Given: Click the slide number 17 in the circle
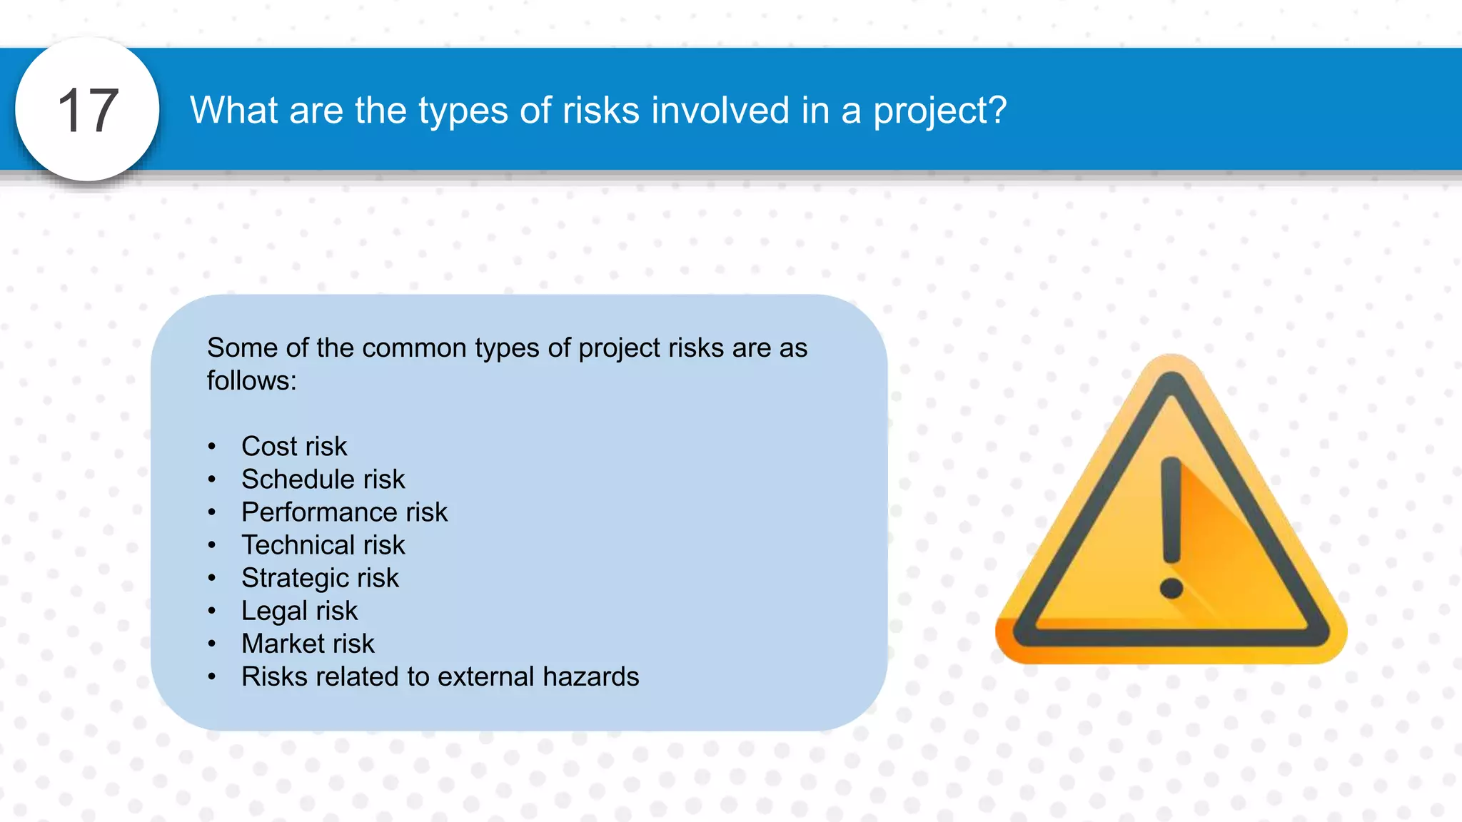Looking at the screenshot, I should [87, 111].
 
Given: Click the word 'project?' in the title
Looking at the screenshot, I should [939, 111].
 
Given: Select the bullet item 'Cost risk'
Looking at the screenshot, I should [294, 447].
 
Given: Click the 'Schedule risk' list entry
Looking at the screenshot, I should [323, 479].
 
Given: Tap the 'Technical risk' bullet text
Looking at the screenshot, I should [323, 545].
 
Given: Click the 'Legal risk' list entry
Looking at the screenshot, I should [299, 611].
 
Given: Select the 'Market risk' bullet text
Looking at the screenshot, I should [308, 644].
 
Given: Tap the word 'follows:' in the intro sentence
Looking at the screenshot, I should [251, 381].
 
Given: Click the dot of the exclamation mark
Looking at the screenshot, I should [1171, 589].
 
